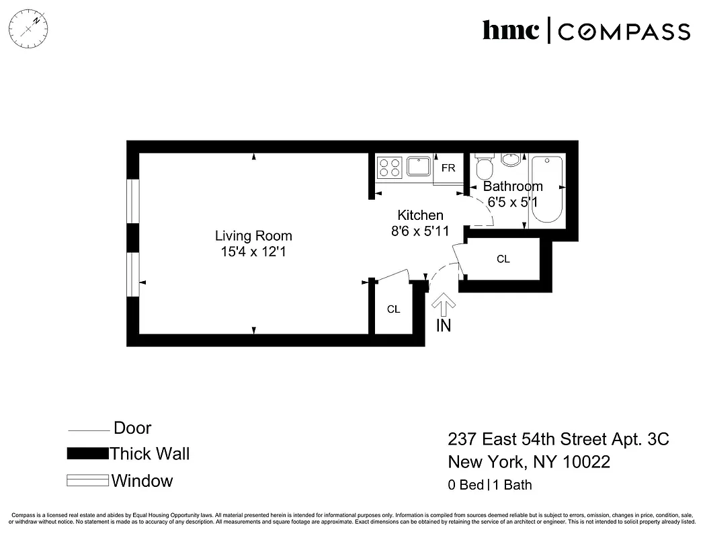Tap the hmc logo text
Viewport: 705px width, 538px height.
click(511, 30)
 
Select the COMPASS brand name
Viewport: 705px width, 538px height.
click(624, 32)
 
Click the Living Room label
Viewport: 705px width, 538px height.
click(253, 236)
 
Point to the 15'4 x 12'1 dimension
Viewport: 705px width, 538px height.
click(253, 252)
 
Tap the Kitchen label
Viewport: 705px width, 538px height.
click(421, 215)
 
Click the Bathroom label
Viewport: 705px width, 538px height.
click(513, 186)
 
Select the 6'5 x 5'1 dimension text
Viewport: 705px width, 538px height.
click(513, 202)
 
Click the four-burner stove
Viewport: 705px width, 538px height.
click(389, 167)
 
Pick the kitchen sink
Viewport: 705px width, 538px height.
click(419, 165)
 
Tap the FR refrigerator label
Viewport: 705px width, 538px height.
click(448, 168)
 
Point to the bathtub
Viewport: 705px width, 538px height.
click(546, 191)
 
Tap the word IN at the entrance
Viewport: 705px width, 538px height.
click(444, 326)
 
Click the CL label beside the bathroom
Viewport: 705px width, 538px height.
click(503, 259)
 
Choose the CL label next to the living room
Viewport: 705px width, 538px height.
click(394, 309)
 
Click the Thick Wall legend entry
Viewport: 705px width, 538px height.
click(150, 454)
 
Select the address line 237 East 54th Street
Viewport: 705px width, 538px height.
click(558, 440)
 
